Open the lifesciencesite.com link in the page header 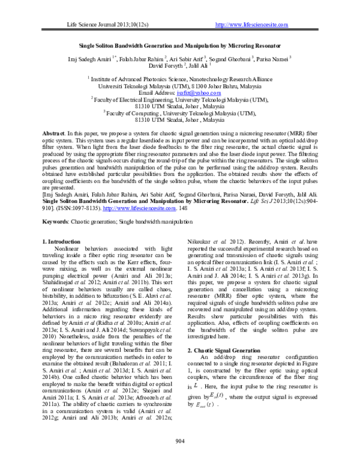pos(251,25)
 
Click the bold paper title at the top pos(179,45)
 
